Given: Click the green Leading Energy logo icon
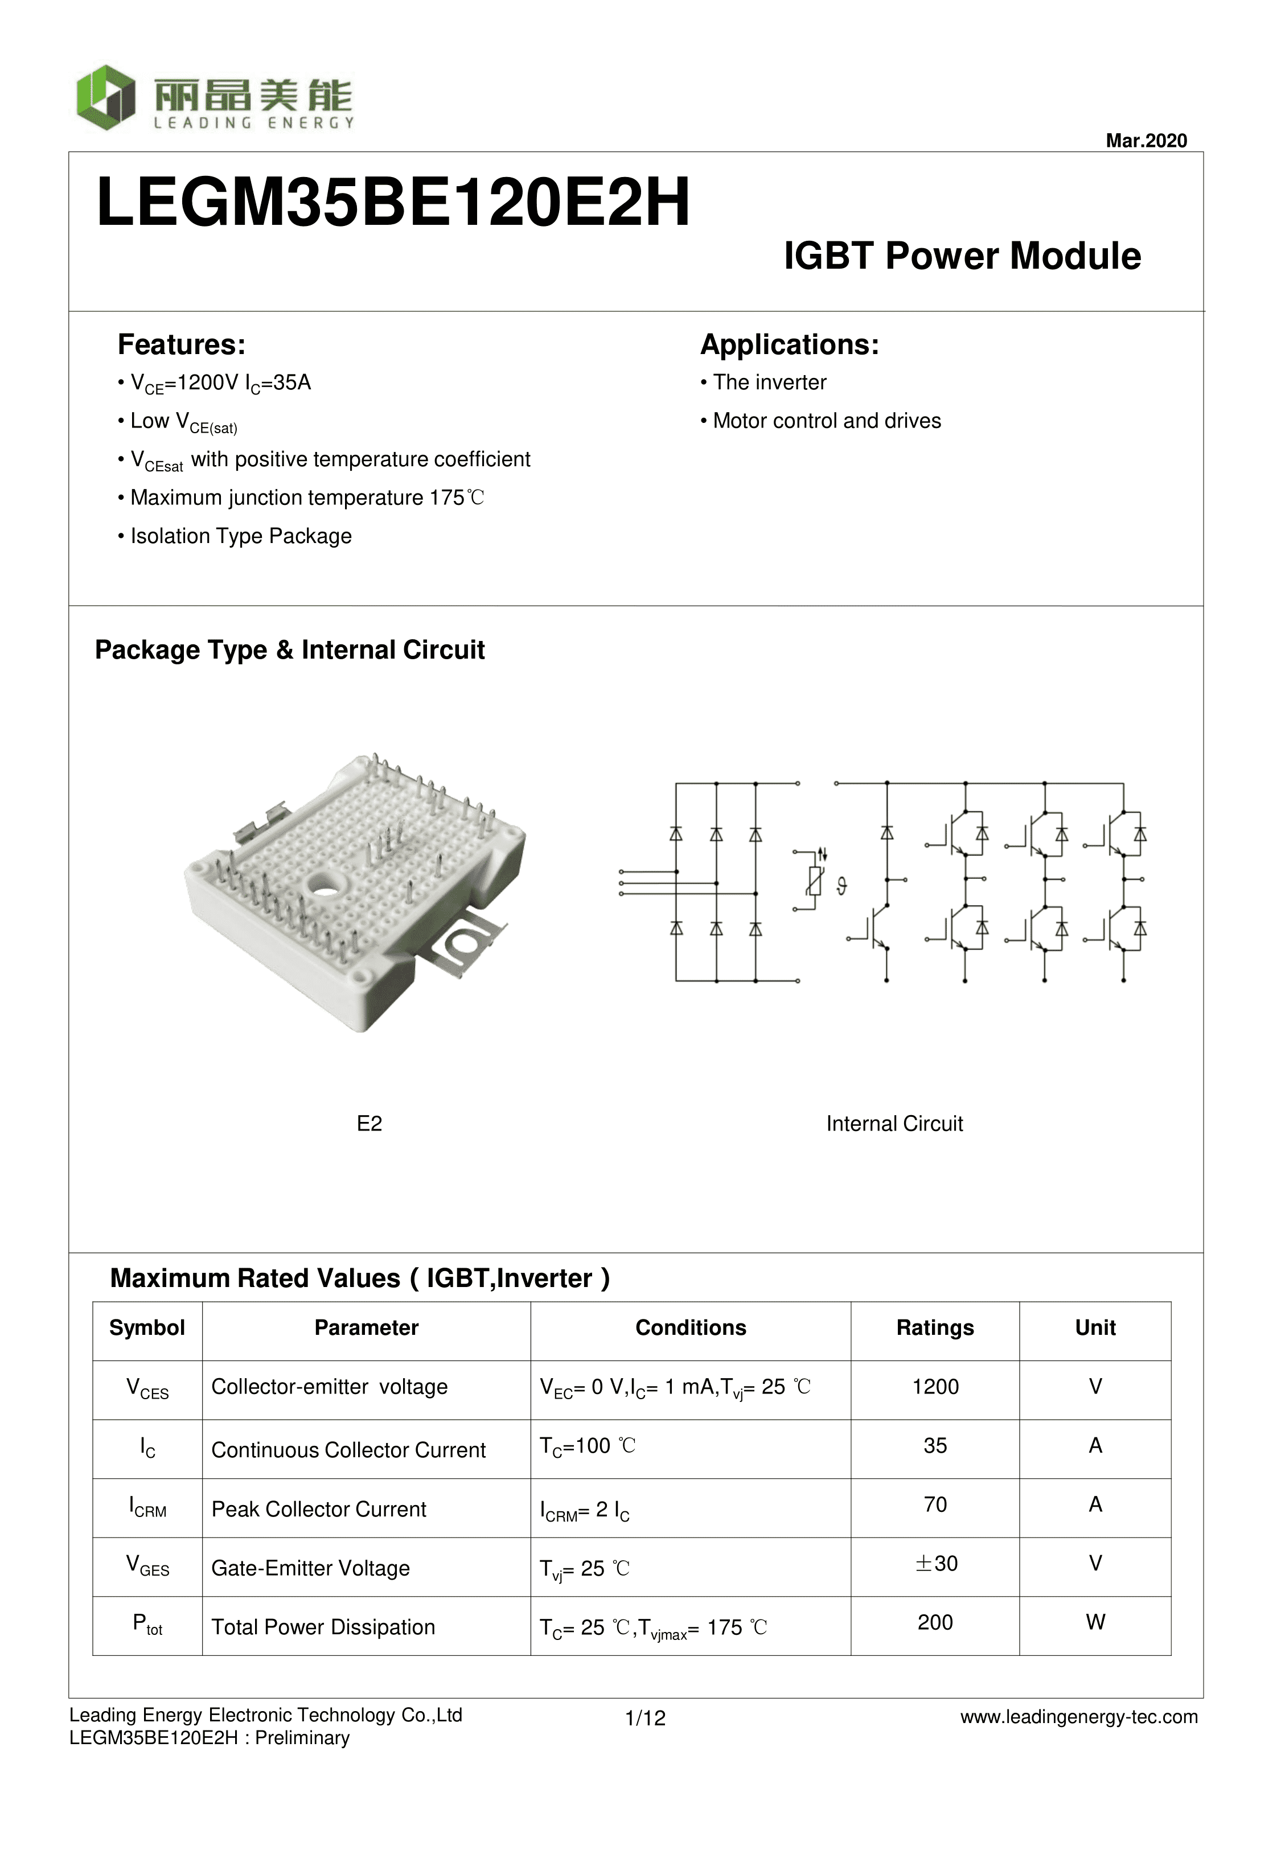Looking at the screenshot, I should pyautogui.click(x=105, y=97).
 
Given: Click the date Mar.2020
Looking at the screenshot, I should pyautogui.click(x=1145, y=141).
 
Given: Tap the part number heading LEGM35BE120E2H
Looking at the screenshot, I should pyautogui.click(x=392, y=202).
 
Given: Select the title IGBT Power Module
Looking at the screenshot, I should pyautogui.click(x=962, y=256).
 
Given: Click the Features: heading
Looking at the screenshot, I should pyautogui.click(x=182, y=345).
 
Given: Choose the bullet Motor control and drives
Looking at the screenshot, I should pyautogui.click(x=826, y=421).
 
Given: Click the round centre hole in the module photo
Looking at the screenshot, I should pyautogui.click(x=325, y=886).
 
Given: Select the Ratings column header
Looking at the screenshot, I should pyautogui.click(x=934, y=1328).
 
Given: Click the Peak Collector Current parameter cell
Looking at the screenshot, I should pyautogui.click(x=319, y=1509).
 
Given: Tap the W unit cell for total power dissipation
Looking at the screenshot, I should pyautogui.click(x=1095, y=1622).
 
